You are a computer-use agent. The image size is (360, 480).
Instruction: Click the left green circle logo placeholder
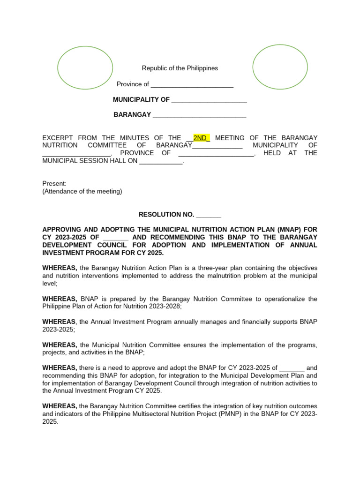tap(85, 68)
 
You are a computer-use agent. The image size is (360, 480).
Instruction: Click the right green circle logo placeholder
tap(280, 67)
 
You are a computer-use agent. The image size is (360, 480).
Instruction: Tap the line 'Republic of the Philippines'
tap(180, 68)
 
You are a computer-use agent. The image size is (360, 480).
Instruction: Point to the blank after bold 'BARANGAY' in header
tap(199, 115)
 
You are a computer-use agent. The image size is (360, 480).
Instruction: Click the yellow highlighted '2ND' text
tap(201, 138)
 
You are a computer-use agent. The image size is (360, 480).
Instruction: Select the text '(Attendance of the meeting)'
tap(82, 191)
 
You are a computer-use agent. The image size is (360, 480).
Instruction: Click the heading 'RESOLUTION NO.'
tap(166, 215)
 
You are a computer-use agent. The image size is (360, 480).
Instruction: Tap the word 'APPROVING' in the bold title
tap(61, 230)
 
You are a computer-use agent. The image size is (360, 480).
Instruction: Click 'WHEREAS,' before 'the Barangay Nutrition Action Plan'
tap(60, 268)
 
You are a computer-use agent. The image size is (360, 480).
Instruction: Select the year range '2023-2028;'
tap(165, 307)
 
